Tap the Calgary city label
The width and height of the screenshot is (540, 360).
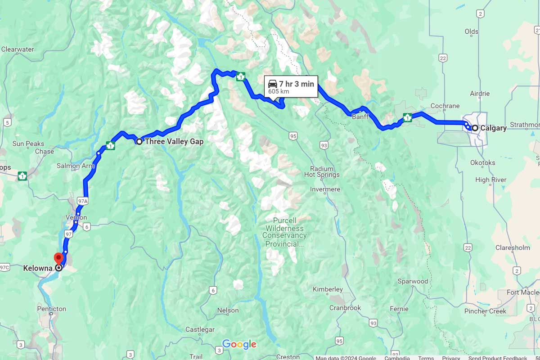(x=493, y=128)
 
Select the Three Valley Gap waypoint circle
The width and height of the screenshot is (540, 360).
(x=139, y=141)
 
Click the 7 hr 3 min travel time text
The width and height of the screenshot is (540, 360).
(x=296, y=84)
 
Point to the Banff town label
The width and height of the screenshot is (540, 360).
(x=360, y=117)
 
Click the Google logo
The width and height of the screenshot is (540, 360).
(x=239, y=344)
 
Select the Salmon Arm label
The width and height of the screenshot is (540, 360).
(x=76, y=166)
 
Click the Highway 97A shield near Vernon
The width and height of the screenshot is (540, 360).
(x=82, y=201)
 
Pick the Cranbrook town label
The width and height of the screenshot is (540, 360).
(x=345, y=308)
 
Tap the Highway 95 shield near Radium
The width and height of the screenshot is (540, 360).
(x=293, y=135)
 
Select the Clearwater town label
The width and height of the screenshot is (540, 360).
(x=18, y=49)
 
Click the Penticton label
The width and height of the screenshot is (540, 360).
(x=51, y=309)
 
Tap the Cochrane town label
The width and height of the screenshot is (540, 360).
(x=445, y=106)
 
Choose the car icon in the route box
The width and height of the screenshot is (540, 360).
(x=272, y=84)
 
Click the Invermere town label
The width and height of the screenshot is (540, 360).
(x=325, y=189)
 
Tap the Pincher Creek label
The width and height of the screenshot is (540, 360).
(x=485, y=311)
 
